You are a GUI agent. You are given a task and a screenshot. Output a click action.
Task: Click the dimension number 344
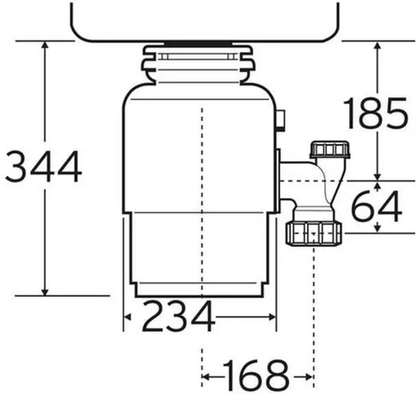(x=43, y=166)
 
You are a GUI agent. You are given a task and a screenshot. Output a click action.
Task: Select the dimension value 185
(x=375, y=113)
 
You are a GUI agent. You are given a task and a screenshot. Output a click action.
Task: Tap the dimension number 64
(x=377, y=206)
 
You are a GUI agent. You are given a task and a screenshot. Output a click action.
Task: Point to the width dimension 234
(x=178, y=316)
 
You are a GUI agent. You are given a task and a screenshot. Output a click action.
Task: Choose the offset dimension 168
(x=256, y=375)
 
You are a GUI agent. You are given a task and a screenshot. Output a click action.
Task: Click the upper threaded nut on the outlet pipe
(x=330, y=150)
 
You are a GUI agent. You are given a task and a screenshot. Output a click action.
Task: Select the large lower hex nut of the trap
(x=314, y=233)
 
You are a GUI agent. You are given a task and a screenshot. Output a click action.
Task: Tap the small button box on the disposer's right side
(x=281, y=120)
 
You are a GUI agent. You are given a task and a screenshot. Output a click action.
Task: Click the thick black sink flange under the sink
(x=197, y=43)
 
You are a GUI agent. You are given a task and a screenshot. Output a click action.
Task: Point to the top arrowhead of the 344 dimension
(x=45, y=45)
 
